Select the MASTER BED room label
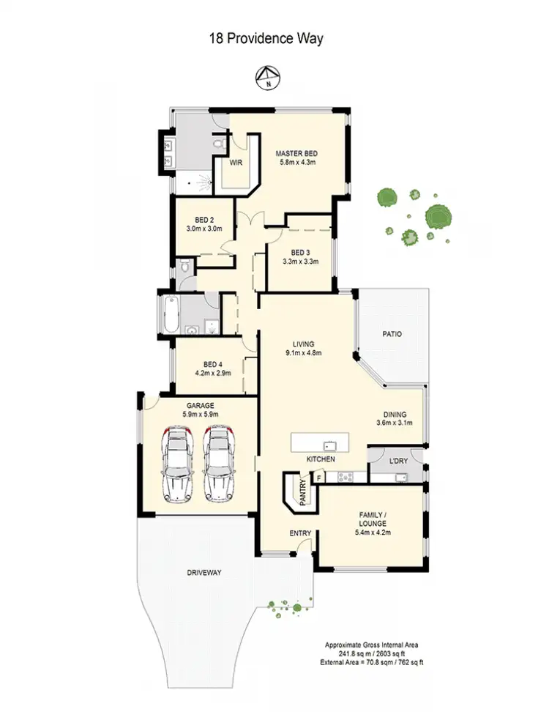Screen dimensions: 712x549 point(296,154)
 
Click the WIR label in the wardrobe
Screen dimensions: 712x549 point(236,163)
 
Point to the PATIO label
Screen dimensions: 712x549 point(392,334)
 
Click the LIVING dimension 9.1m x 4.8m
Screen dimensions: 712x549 point(303,353)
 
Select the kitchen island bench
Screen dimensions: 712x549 point(320,443)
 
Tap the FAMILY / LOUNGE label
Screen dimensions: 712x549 point(373,519)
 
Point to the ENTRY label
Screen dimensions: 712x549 point(300,533)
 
